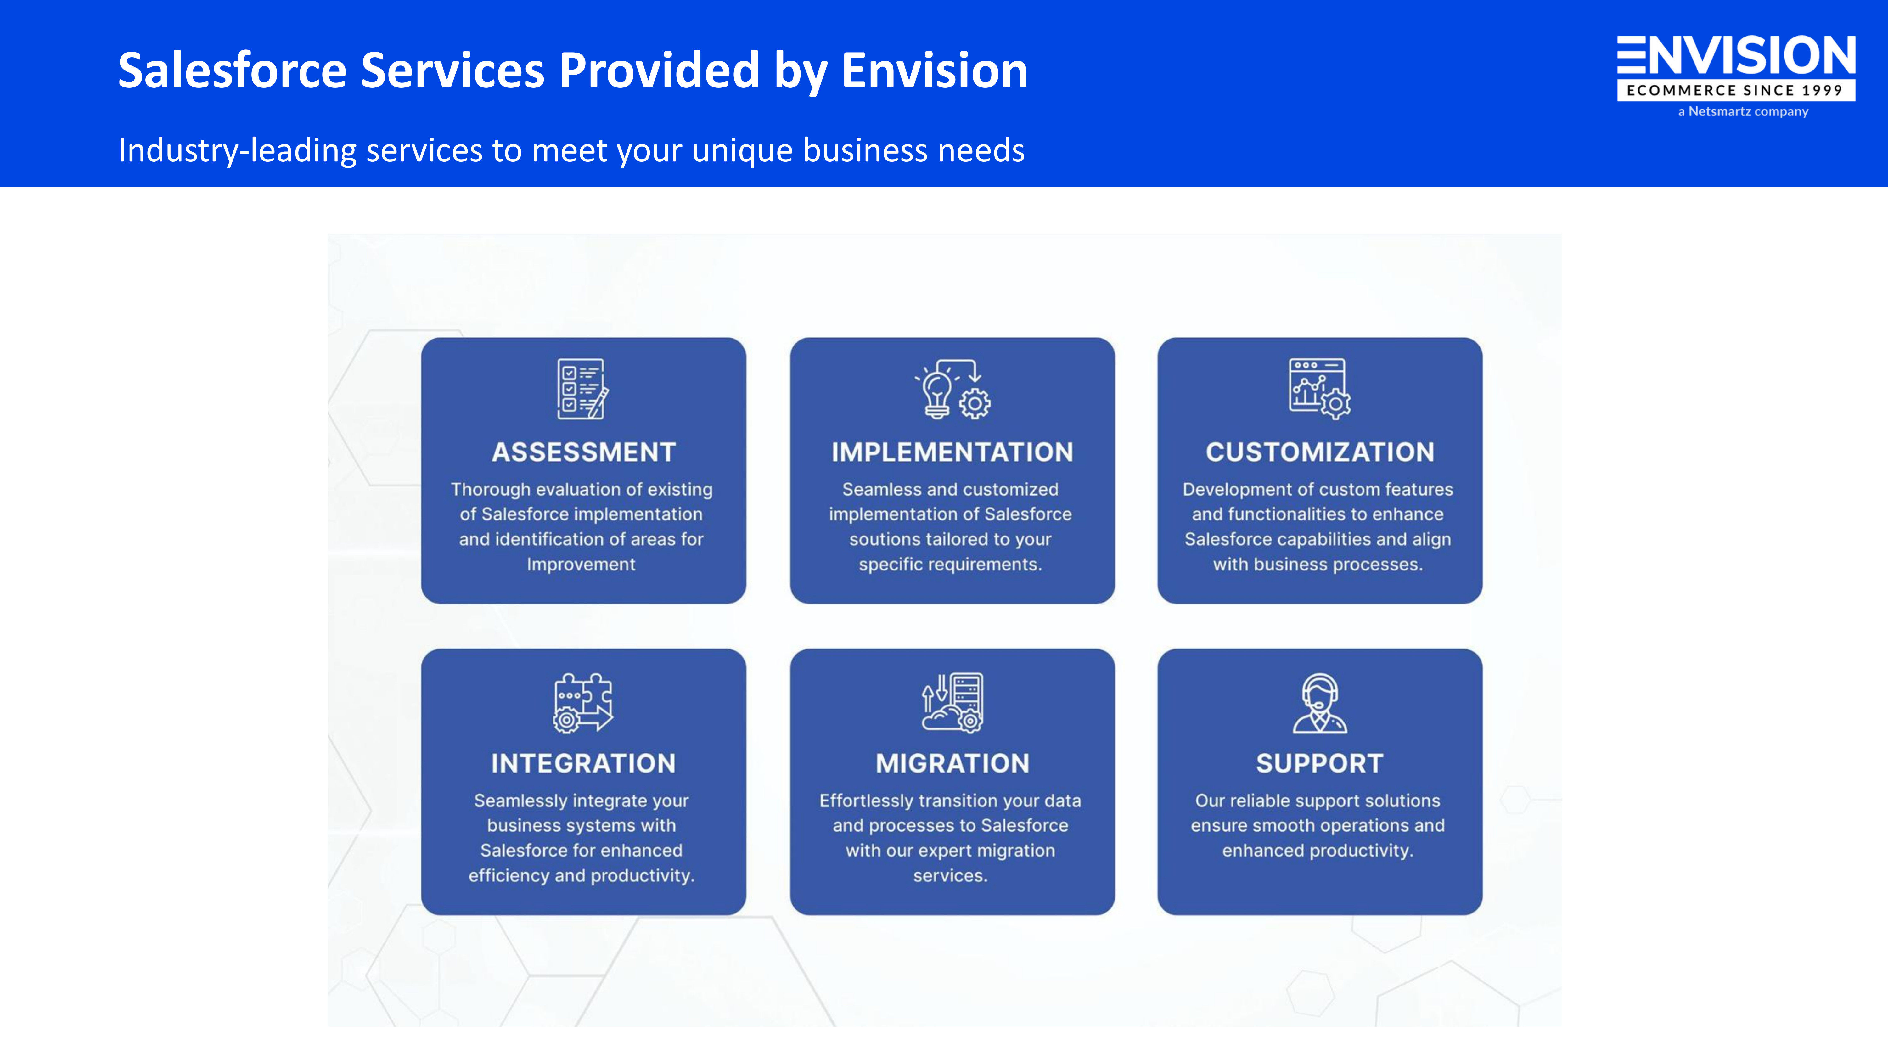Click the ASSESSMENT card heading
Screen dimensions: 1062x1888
click(x=583, y=452)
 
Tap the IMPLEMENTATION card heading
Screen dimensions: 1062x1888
click(x=952, y=452)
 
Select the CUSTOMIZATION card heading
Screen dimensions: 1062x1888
click(x=1319, y=452)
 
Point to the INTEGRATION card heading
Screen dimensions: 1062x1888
click(x=583, y=764)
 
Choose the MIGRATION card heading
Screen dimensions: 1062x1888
click(x=952, y=764)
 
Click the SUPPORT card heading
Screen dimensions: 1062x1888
click(x=1319, y=764)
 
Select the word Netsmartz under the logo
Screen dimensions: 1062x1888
click(x=1719, y=111)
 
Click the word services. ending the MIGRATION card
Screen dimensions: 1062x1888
click(x=950, y=876)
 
